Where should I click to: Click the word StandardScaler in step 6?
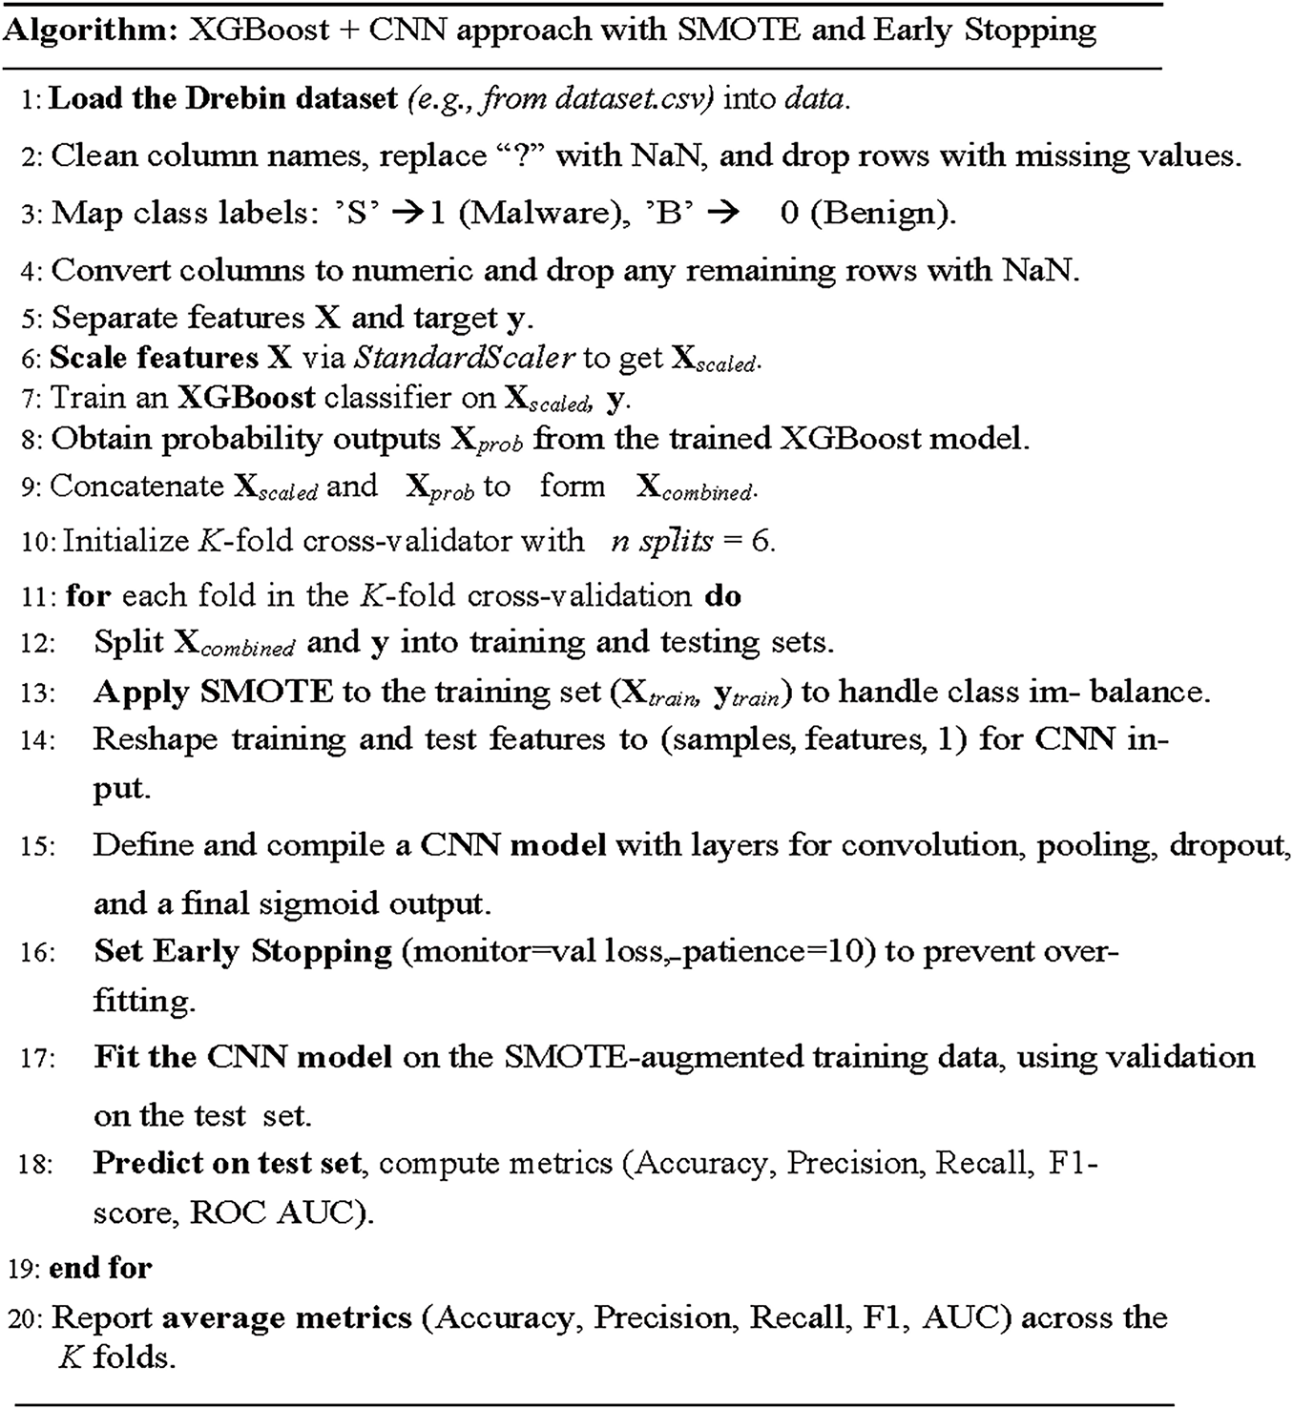point(464,357)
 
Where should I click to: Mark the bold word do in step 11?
point(723,595)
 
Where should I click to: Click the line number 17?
point(36,1058)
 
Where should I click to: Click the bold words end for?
point(100,1268)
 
